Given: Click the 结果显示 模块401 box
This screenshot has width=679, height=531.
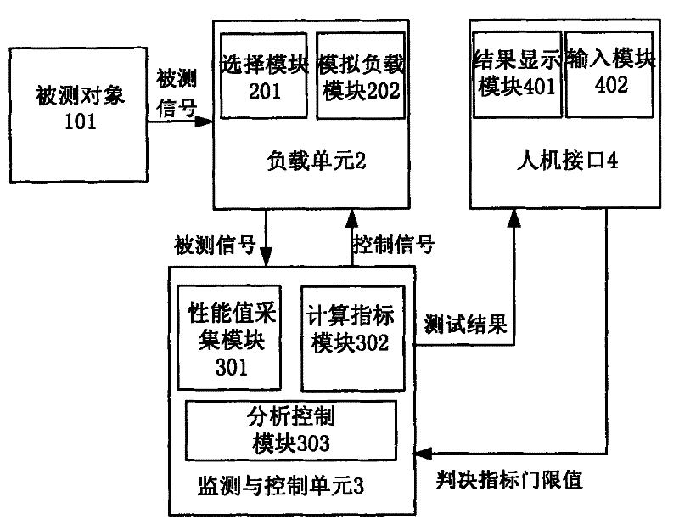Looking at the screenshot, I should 516,75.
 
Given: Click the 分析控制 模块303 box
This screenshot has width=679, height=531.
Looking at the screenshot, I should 290,429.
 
